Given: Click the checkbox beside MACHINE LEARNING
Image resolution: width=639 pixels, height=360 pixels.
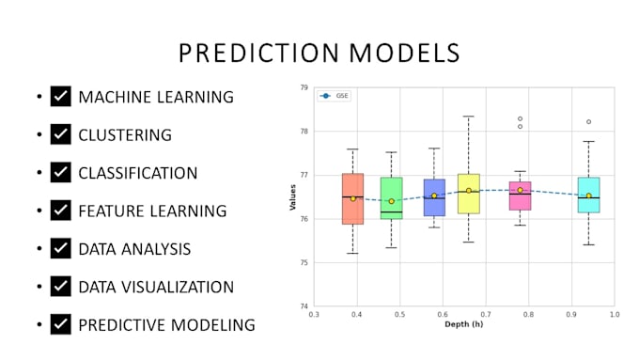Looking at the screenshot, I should [x=61, y=96].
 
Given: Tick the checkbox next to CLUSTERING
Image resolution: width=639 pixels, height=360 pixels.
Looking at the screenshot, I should [x=61, y=134].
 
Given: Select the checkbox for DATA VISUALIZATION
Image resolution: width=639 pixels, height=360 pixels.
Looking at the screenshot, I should [x=61, y=286].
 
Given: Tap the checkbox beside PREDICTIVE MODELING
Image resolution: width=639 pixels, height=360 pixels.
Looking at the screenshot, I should [x=61, y=324].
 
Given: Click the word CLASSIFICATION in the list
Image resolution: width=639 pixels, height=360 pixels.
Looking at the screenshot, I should [x=137, y=173].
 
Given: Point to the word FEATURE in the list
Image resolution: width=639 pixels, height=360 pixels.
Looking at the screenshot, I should [x=109, y=211].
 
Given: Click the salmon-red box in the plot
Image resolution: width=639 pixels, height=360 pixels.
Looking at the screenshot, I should [x=353, y=198].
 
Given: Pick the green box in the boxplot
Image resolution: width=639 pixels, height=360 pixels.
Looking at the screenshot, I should [x=391, y=197].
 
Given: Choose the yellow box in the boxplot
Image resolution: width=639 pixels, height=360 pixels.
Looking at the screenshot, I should [x=469, y=194].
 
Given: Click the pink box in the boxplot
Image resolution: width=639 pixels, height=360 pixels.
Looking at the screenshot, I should [x=520, y=196].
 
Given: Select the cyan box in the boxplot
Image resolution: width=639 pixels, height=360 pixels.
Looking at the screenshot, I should [x=588, y=196].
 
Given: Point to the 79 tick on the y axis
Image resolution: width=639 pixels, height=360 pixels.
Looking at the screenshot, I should [x=304, y=87].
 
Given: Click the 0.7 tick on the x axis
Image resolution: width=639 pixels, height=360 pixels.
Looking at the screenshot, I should [x=485, y=314].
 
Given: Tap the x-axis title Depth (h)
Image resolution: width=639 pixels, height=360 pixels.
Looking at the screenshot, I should [x=464, y=324].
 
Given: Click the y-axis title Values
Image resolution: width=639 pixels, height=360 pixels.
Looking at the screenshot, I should [x=292, y=196].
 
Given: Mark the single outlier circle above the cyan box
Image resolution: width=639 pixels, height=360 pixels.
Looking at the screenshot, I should [x=589, y=121].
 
